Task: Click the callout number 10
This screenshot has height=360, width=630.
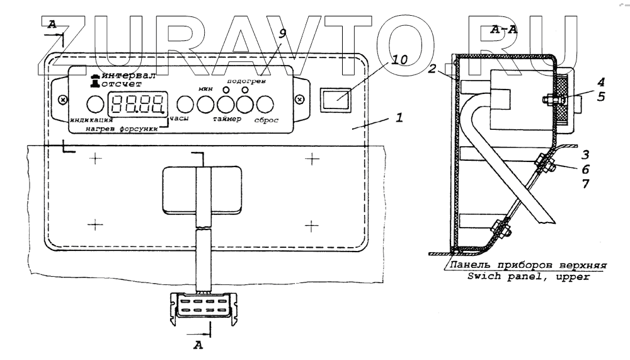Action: pos(399,60)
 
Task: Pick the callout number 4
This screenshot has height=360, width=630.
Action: pos(583,81)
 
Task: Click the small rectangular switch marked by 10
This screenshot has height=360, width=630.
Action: pos(334,98)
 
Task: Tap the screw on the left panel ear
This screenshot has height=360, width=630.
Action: pos(62,100)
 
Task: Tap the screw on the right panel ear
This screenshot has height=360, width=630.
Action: pos(300,99)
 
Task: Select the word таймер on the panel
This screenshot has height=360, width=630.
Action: pos(227,119)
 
